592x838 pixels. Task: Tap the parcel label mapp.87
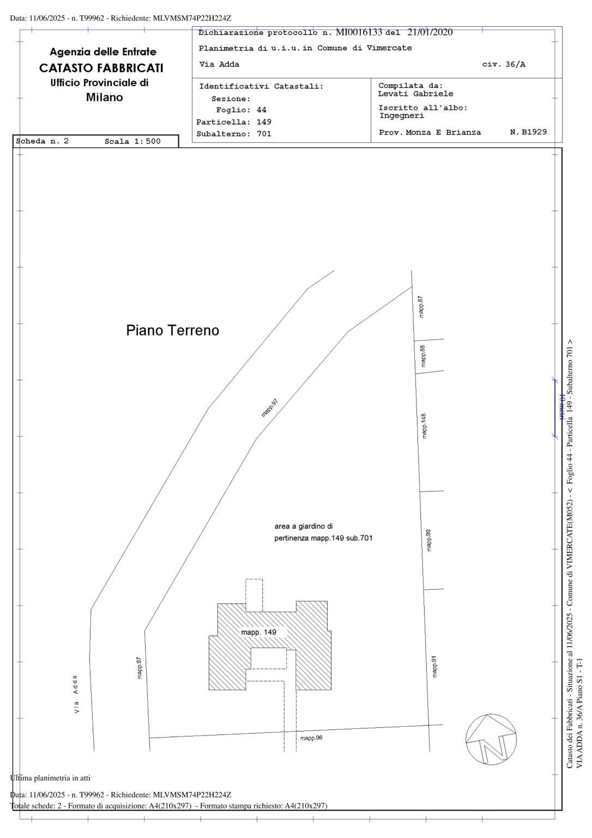tap(421, 307)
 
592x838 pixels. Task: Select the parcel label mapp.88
tap(422, 356)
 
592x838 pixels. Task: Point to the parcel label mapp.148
tap(424, 426)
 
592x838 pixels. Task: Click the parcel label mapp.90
tap(428, 540)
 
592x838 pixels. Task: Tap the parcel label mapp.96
tap(311, 738)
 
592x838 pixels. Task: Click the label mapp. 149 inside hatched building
tap(258, 632)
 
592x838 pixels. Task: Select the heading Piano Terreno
tap(172, 330)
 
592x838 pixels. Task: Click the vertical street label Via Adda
tap(76, 695)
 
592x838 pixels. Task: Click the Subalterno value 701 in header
tap(264, 134)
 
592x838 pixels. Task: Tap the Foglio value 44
tap(261, 110)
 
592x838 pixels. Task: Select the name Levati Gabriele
tap(415, 94)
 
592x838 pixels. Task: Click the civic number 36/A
tap(515, 64)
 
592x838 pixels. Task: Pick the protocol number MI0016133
tap(359, 32)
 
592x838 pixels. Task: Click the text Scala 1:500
tap(132, 141)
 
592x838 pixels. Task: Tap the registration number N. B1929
tap(528, 132)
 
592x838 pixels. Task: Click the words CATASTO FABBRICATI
tap(101, 68)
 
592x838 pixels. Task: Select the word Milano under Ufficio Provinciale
tap(104, 97)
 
